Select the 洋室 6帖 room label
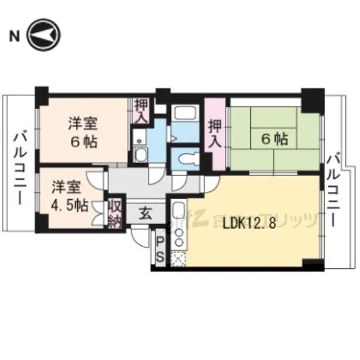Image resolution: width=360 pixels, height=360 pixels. tap(83, 132)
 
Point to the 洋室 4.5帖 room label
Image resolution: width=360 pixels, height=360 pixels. tap(69, 196)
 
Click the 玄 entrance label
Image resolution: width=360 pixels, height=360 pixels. tap(145, 213)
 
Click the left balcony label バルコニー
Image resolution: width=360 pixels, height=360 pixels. tap(21, 168)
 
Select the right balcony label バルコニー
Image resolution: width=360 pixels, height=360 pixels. tap(334, 189)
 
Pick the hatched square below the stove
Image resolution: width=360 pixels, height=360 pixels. tap(178, 259)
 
